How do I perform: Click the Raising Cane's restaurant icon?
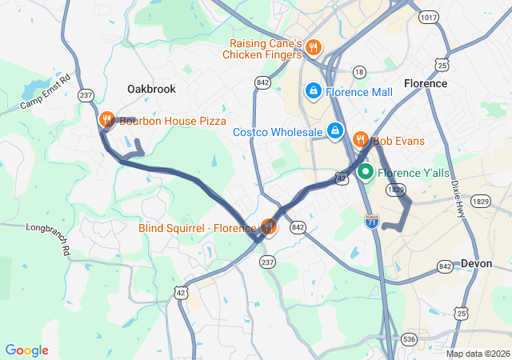tap(313, 47)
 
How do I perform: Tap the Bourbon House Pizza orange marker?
tap(106, 120)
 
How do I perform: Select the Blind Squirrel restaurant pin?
tap(268, 227)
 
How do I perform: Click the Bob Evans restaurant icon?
tap(361, 140)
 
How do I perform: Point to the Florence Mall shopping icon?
tap(313, 92)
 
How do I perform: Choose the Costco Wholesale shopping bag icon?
tap(334, 131)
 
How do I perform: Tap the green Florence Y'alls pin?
tap(366, 171)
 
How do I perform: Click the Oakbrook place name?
tap(151, 89)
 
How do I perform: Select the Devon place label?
tap(478, 263)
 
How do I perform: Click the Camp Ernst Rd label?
tap(46, 92)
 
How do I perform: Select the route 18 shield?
tap(359, 72)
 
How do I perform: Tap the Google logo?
tap(27, 350)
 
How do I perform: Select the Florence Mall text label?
tap(359, 92)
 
